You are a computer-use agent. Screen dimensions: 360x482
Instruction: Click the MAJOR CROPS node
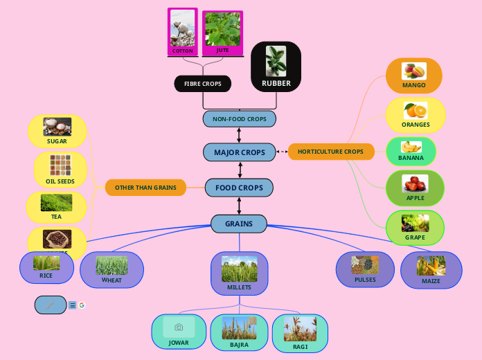240,152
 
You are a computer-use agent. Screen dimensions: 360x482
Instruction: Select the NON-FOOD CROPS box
240,119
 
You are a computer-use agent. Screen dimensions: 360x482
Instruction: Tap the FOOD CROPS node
240,188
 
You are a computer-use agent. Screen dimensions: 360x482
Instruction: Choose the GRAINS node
239,224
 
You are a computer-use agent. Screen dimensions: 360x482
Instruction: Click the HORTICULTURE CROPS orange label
330,152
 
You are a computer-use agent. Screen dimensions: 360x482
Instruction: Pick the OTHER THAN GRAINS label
145,187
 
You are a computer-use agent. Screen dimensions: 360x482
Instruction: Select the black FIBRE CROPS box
202,84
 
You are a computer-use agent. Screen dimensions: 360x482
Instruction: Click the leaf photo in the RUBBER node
276,61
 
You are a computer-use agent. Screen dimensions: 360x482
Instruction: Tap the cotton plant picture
183,28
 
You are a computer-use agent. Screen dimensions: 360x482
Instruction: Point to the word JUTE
222,51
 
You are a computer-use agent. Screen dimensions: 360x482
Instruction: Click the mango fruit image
414,71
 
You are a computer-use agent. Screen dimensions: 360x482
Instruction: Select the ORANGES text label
416,125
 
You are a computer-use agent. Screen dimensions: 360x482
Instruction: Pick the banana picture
411,147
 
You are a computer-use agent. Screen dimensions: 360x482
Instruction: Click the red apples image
415,184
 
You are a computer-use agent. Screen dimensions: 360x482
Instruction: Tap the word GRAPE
416,237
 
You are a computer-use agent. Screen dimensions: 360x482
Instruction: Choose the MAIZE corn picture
431,266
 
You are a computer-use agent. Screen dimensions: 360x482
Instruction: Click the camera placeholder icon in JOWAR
179,327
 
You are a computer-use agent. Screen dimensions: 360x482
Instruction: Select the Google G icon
82,305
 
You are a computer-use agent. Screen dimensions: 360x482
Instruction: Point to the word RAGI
300,347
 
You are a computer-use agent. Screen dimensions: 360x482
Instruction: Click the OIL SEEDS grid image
60,165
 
